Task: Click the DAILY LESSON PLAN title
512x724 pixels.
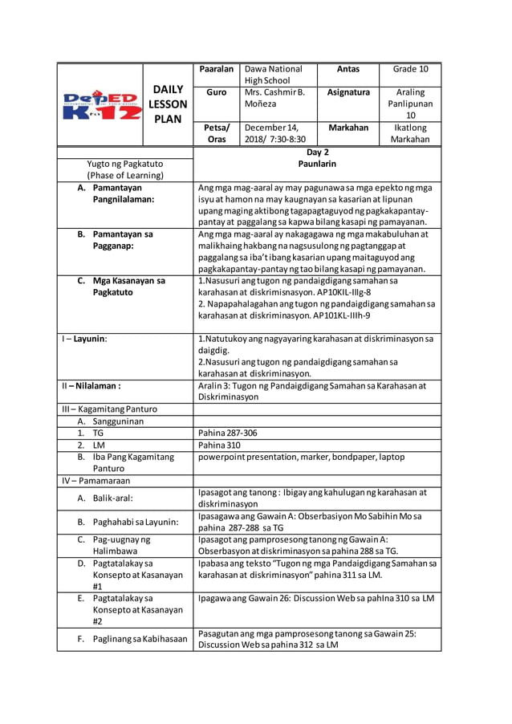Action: [169, 104]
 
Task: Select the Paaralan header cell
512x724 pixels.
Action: [216, 70]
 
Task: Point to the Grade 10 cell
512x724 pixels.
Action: [410, 70]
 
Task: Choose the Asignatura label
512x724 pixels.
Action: [348, 92]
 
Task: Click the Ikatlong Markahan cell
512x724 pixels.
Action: [410, 133]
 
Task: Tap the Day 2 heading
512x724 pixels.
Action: [317, 152]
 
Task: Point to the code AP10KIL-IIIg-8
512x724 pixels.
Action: [334, 292]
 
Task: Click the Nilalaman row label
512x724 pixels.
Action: [91, 385]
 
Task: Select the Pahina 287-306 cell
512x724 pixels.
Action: [227, 433]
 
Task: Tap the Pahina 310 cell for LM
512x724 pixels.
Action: [219, 445]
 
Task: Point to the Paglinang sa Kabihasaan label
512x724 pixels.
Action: [132, 639]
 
